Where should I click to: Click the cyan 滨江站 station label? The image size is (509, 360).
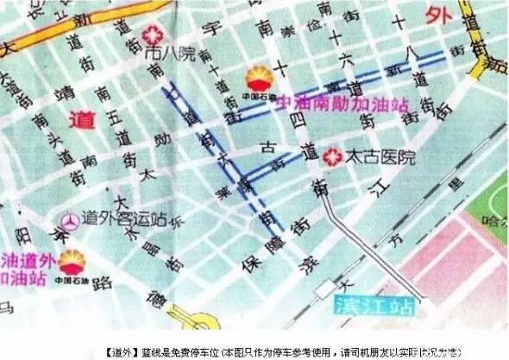coord(372,307)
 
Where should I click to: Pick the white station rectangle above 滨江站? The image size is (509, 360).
coord(327,287)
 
